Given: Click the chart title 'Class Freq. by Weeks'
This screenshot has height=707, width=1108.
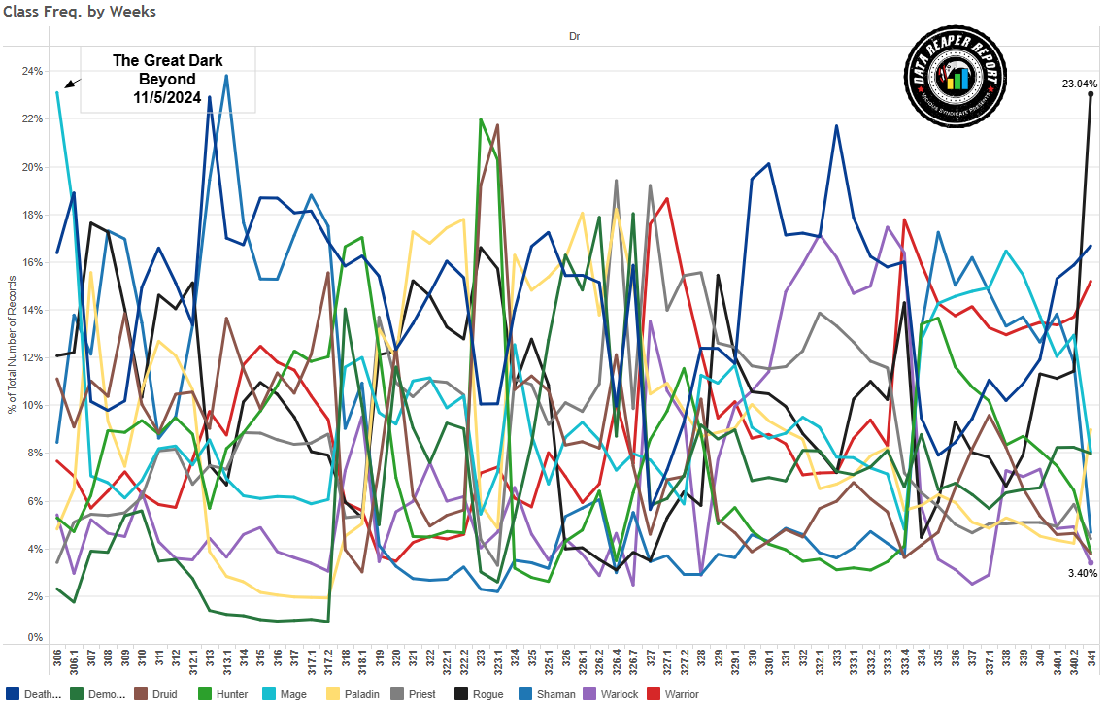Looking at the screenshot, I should [x=79, y=12].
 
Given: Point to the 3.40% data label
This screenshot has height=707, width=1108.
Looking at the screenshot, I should [x=1081, y=574].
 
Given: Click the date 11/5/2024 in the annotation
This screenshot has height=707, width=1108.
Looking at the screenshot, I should [x=167, y=97].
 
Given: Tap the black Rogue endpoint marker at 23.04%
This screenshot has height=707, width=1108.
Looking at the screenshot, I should [x=1091, y=94].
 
